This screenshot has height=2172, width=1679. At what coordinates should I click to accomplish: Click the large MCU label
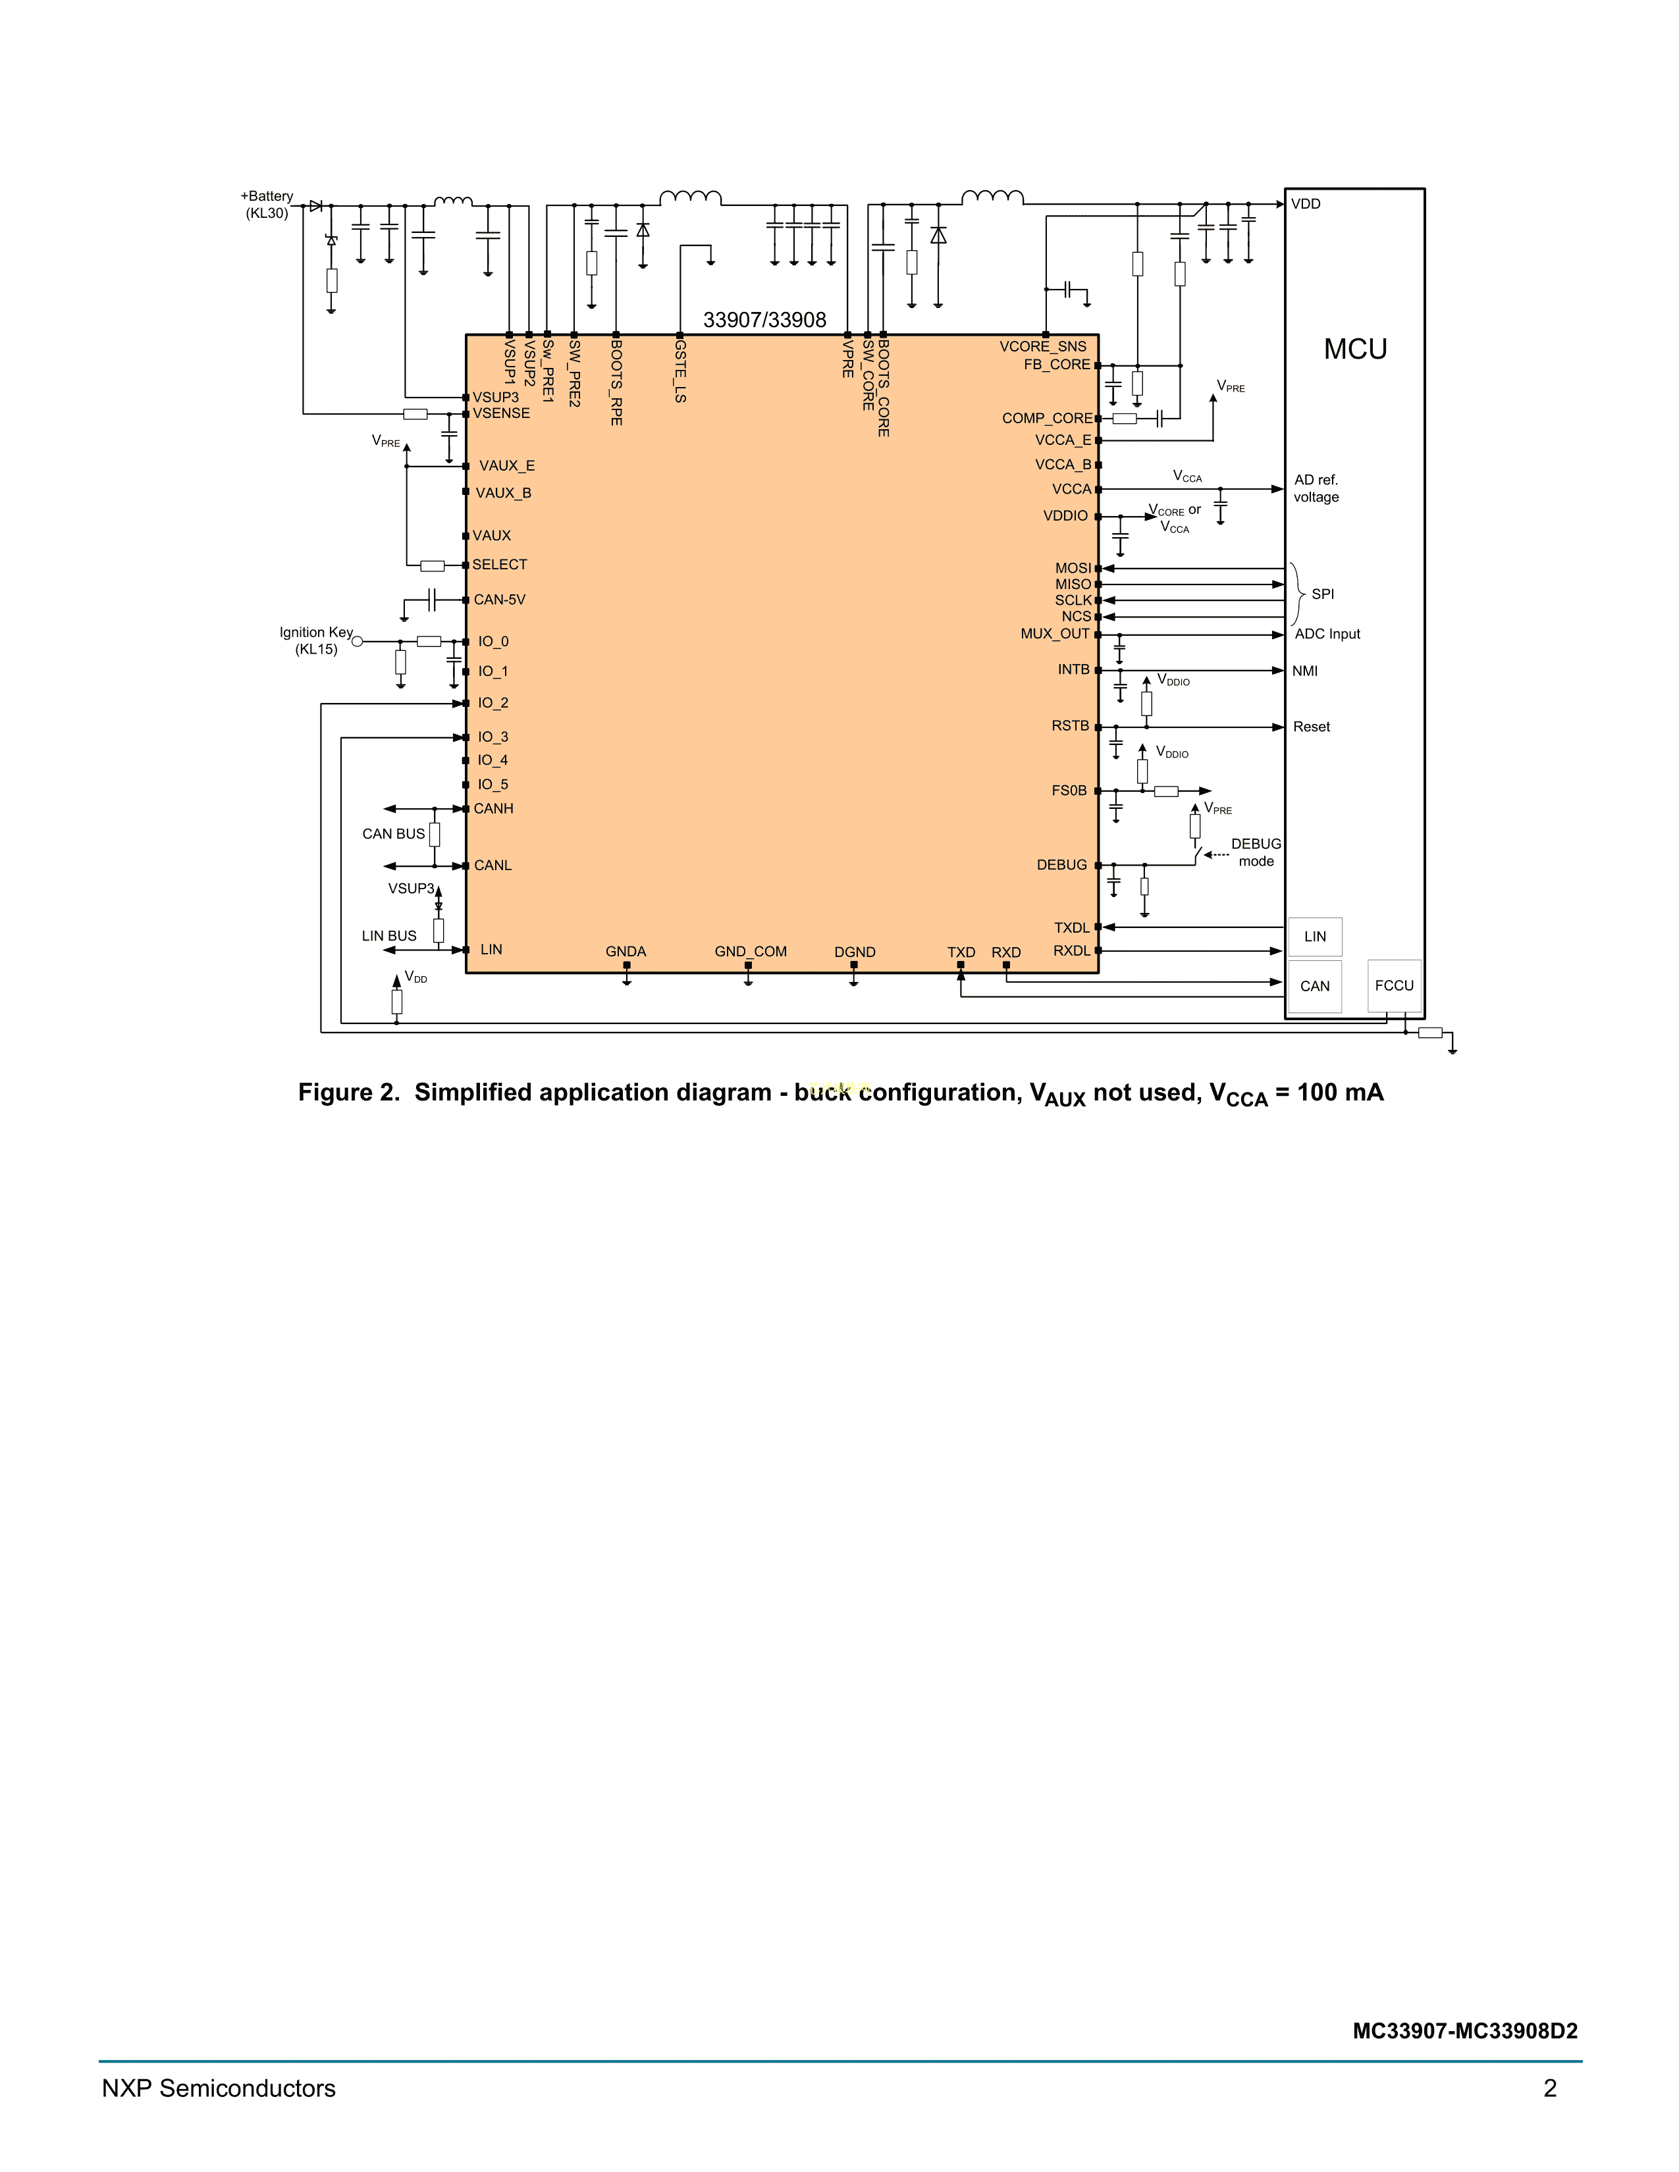pyautogui.click(x=1355, y=349)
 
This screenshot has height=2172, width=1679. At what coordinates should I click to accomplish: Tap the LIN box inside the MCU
pyautogui.click(x=1315, y=937)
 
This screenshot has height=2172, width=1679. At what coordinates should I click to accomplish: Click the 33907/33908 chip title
pyautogui.click(x=765, y=321)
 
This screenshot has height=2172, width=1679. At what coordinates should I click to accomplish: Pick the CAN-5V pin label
pyautogui.click(x=499, y=600)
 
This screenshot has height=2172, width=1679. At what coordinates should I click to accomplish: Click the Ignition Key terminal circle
pyautogui.click(x=358, y=642)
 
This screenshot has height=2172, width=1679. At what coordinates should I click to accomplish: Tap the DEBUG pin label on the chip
pyautogui.click(x=1061, y=866)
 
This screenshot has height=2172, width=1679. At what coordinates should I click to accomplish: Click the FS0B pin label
pyautogui.click(x=1069, y=790)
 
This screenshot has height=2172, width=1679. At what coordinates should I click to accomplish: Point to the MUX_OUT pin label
pyautogui.click(x=1055, y=633)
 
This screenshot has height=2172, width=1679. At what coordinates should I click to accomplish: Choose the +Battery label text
pyautogui.click(x=267, y=196)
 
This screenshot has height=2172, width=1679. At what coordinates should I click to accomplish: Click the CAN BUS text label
pyautogui.click(x=393, y=833)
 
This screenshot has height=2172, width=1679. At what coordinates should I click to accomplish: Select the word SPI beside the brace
pyautogui.click(x=1323, y=594)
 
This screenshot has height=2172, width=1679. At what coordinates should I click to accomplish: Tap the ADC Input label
pyautogui.click(x=1327, y=633)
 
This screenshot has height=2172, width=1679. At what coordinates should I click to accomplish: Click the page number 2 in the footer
pyautogui.click(x=1550, y=2088)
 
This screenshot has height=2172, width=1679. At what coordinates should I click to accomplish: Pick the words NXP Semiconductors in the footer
pyautogui.click(x=219, y=2088)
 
